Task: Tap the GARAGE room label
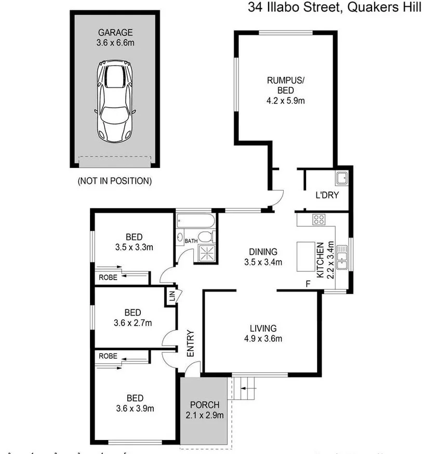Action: pyautogui.click(x=115, y=33)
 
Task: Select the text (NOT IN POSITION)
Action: pyautogui.click(x=114, y=181)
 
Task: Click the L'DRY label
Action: pyautogui.click(x=327, y=196)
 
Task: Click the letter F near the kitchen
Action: pyautogui.click(x=308, y=284)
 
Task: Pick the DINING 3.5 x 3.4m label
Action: pyautogui.click(x=263, y=257)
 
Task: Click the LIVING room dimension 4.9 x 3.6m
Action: pyautogui.click(x=263, y=339)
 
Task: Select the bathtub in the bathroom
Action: pyautogui.click(x=195, y=221)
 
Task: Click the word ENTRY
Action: pyautogui.click(x=190, y=343)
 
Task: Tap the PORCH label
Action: pyautogui.click(x=204, y=405)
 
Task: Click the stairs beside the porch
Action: pyautogui.click(x=244, y=388)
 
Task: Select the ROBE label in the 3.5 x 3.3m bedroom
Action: pyautogui.click(x=108, y=277)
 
